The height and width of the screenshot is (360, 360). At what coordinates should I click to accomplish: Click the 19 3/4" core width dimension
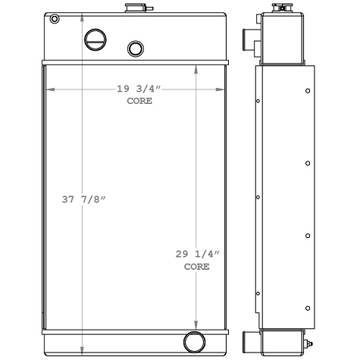[137, 89]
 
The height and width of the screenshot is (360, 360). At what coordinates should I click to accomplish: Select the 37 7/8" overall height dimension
[83, 199]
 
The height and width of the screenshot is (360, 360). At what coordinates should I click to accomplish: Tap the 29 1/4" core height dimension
[192, 255]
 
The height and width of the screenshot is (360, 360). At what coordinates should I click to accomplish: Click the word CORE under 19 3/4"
[139, 101]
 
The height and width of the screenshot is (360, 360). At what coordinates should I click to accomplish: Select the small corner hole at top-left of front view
[54, 20]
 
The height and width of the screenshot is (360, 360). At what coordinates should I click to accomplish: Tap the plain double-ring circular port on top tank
[136, 49]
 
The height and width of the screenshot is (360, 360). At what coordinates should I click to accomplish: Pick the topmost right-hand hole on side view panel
[307, 91]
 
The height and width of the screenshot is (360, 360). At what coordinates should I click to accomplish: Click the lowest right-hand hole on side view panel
[307, 308]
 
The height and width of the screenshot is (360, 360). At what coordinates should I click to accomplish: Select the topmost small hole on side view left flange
[258, 101]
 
